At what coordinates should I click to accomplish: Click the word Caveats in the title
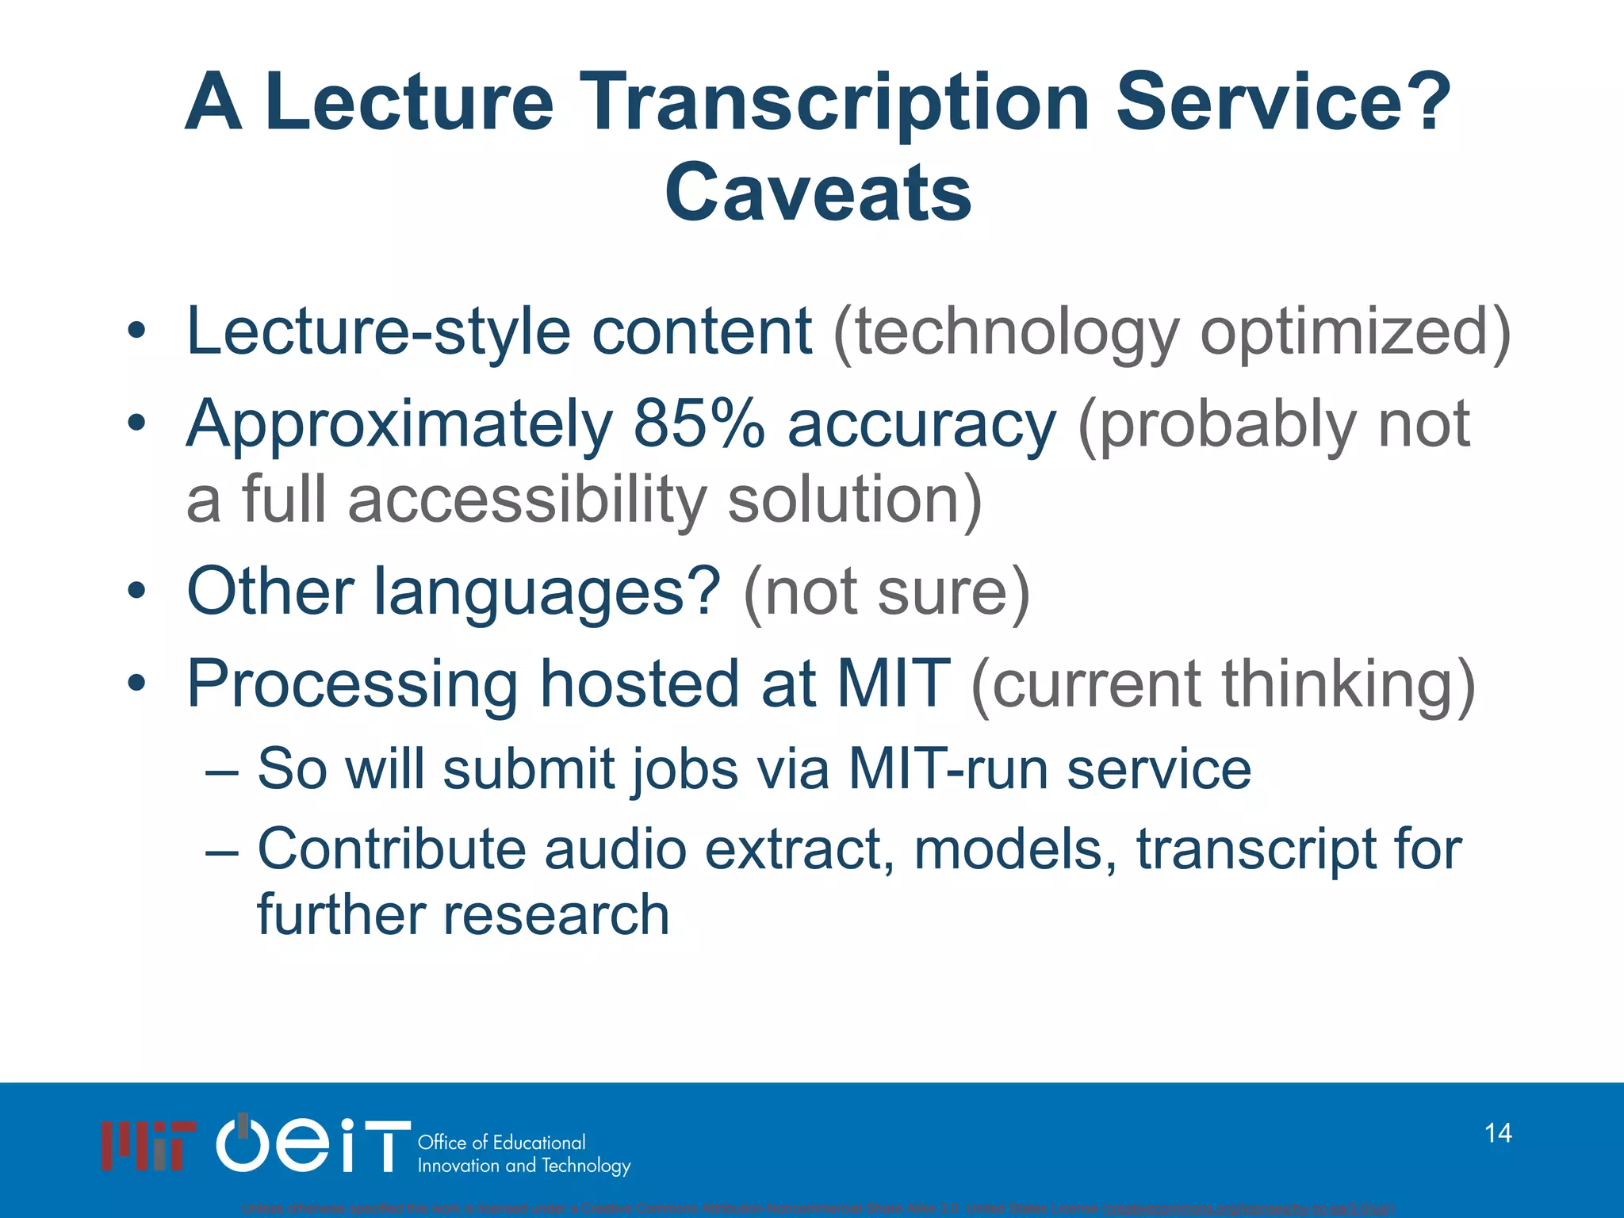[x=818, y=193]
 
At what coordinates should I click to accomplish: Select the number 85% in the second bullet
[x=699, y=424]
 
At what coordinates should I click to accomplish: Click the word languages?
[x=546, y=592]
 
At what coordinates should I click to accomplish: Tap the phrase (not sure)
[x=887, y=592]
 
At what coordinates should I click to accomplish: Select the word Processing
[x=352, y=684]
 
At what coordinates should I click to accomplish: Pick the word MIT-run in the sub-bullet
[x=947, y=768]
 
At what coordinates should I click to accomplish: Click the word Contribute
[x=392, y=849]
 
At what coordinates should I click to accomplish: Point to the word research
[x=555, y=914]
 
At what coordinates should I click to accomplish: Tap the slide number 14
[x=1498, y=1133]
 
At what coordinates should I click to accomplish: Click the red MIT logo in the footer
[x=148, y=1145]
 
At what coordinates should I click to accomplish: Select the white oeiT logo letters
[x=313, y=1144]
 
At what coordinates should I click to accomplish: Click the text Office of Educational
[x=501, y=1143]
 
